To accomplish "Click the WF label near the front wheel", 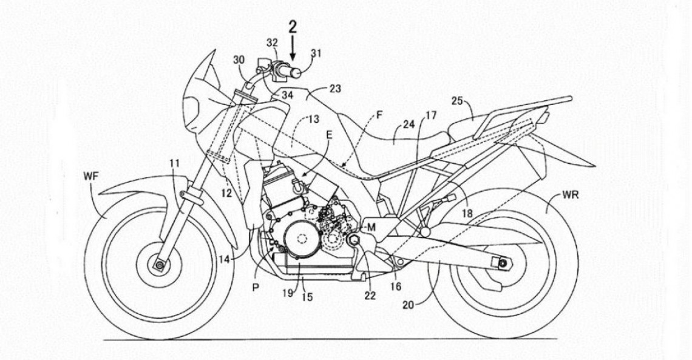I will [92, 177].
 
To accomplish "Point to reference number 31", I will [316, 53].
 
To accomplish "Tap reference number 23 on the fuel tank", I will [335, 88].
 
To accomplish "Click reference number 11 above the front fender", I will [175, 163].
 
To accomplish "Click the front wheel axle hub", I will [160, 265].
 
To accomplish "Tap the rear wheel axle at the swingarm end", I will [503, 263].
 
